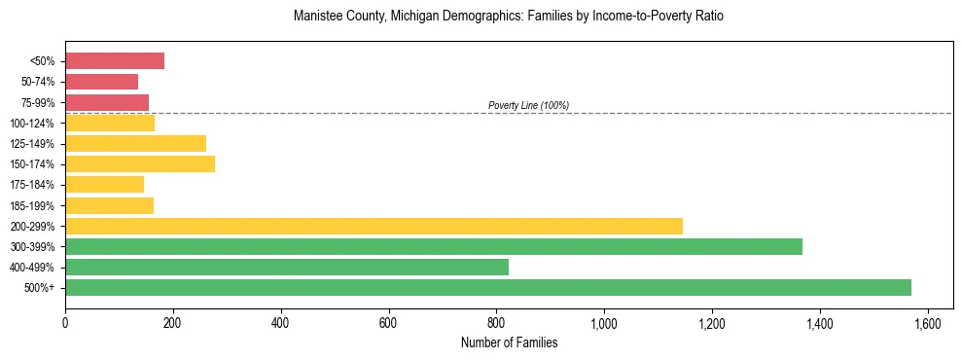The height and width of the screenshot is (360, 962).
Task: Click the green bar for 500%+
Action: (487, 287)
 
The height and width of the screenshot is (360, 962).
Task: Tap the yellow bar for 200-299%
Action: (374, 226)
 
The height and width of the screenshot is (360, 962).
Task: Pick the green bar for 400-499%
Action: (286, 267)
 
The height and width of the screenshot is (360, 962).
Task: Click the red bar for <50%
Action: (114, 61)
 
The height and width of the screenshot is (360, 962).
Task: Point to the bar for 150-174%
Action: (139, 163)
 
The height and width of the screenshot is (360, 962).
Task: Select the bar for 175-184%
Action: (104, 184)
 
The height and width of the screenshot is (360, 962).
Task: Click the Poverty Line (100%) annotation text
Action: (528, 105)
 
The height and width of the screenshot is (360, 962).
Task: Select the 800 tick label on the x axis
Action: (496, 322)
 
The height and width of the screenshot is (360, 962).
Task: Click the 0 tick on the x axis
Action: (65, 322)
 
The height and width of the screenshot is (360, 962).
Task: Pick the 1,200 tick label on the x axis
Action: (712, 322)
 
